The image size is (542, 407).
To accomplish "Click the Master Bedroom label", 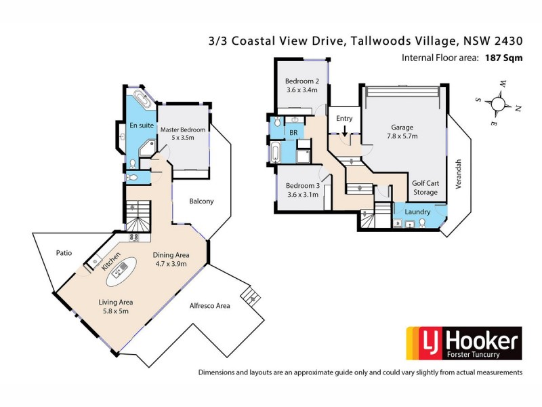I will (183, 133).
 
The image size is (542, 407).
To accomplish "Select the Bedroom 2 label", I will (301, 85).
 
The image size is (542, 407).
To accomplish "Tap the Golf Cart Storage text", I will (425, 188).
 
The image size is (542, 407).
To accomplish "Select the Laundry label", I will (418, 212).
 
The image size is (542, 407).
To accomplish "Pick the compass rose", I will (500, 104).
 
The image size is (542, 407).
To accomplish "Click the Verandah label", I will (459, 174).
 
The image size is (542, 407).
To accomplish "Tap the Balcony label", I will (201, 201).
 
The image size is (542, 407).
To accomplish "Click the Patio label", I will (65, 252).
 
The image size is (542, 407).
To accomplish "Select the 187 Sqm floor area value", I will (503, 58).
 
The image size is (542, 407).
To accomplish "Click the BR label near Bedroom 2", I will (294, 133).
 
